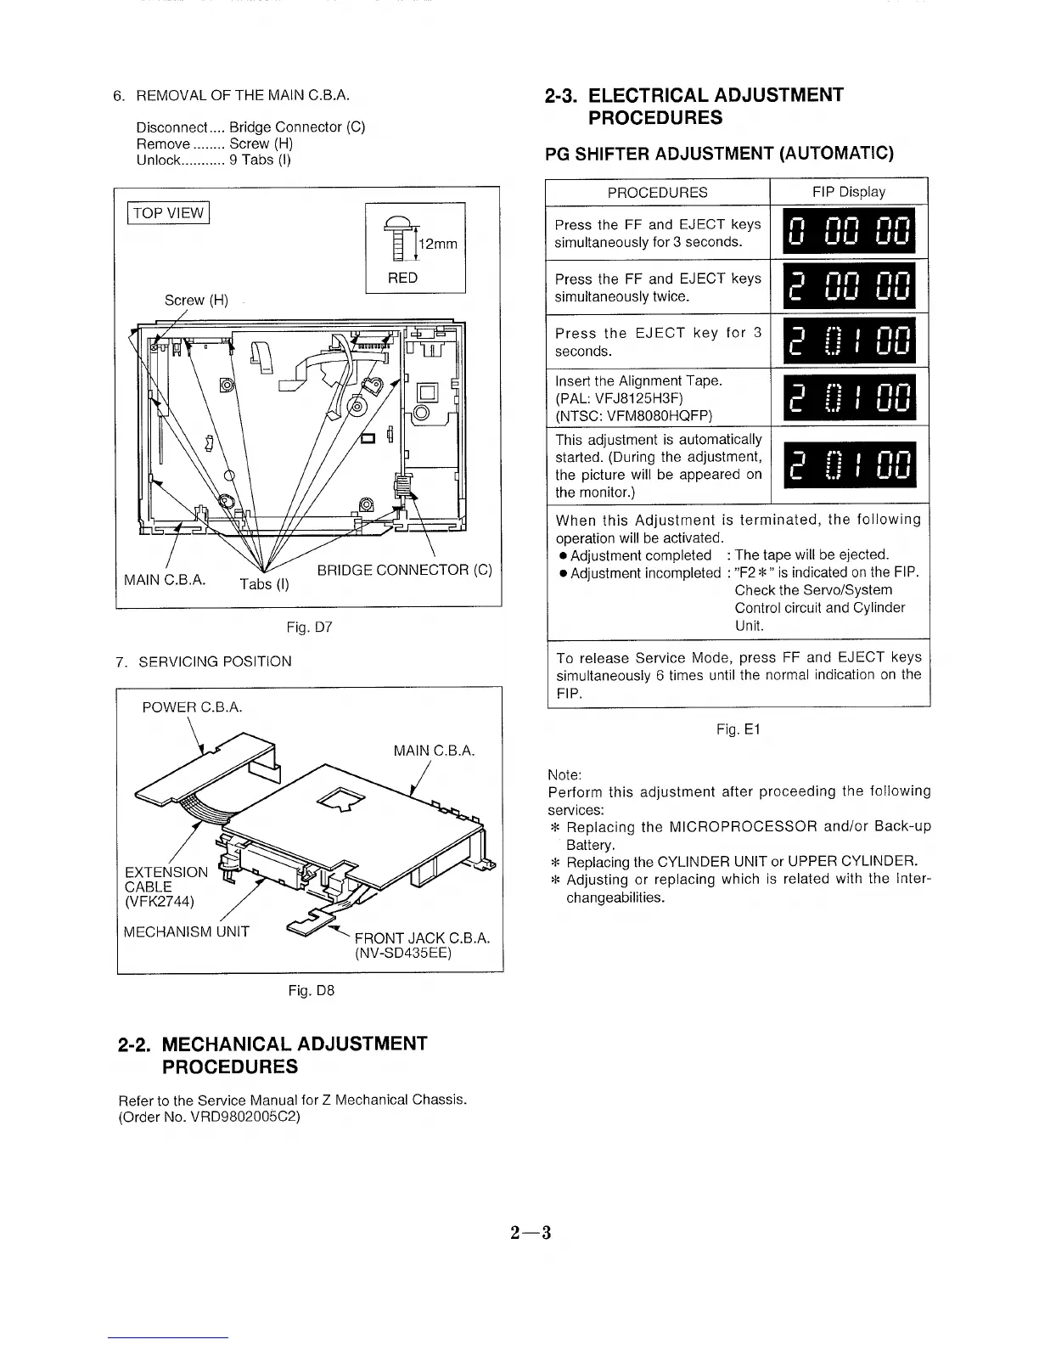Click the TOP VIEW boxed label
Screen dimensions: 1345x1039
[168, 212]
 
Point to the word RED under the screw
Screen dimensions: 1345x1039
[402, 278]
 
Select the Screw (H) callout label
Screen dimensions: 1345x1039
[196, 300]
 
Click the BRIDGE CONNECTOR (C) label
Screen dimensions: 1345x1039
[404, 570]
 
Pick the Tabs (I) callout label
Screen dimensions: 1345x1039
[263, 583]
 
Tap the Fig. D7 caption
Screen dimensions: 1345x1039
[309, 627]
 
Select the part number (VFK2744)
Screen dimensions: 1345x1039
[160, 901]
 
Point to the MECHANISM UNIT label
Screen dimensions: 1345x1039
[187, 931]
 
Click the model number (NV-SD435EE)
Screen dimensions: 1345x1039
[402, 953]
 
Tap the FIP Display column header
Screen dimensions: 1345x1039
[848, 192]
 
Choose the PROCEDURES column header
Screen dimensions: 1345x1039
[657, 192]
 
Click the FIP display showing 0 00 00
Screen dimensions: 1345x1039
[848, 232]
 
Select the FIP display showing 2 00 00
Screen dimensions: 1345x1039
[848, 286]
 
